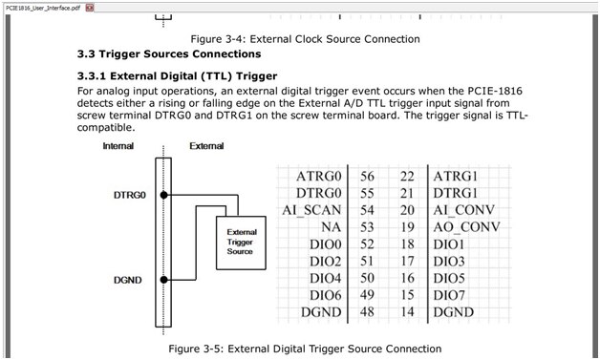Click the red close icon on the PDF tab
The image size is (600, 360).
90,8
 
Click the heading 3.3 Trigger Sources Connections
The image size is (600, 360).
169,53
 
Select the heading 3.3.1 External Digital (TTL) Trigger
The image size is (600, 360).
177,76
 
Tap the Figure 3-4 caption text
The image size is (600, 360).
305,39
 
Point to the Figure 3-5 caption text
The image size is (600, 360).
305,349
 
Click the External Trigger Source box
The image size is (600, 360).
241,243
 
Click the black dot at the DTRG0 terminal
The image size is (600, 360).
163,195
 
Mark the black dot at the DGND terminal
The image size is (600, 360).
163,280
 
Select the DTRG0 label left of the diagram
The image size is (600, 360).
130,195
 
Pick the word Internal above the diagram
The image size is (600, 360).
118,146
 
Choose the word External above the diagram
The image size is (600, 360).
206,146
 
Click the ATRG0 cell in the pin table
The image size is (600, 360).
318,177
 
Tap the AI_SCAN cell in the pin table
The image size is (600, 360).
311,210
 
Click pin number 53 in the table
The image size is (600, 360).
367,227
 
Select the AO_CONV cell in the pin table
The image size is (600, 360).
466,227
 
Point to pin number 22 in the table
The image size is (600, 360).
407,177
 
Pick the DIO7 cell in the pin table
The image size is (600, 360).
449,295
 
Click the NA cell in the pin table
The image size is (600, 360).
331,227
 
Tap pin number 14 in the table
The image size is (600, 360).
407,312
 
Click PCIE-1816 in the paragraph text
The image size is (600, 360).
495,91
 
